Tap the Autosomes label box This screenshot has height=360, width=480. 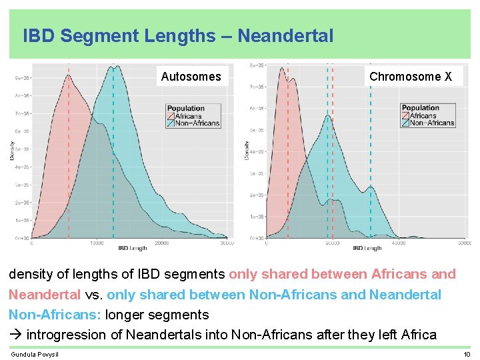point(191,77)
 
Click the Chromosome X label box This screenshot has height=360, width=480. point(410,77)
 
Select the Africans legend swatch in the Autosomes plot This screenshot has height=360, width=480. point(171,116)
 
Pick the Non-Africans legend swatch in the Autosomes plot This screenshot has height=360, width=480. point(171,123)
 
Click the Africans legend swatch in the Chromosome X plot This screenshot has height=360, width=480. point(405,115)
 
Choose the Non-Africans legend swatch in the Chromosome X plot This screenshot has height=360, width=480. point(405,123)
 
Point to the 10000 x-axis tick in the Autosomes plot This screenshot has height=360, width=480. point(97,243)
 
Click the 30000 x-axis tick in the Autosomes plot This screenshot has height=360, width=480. point(227,243)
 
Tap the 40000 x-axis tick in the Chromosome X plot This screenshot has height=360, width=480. point(398,243)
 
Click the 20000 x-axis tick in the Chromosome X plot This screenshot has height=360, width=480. point(332,243)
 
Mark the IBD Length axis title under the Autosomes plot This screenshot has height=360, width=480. point(133,249)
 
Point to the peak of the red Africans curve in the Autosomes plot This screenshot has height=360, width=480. point(69,75)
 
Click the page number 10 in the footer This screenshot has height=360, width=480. point(467,354)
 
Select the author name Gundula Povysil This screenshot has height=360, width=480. point(35,354)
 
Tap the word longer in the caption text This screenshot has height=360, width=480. point(129,315)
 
